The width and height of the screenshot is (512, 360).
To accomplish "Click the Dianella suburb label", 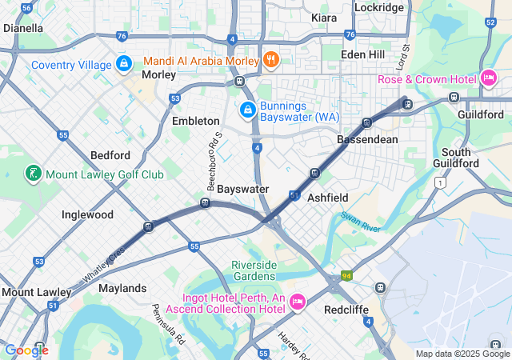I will (x=23, y=28).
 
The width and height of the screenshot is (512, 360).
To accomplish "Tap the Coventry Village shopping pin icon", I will (x=123, y=62).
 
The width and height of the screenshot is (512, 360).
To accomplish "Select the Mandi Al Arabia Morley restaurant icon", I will (x=272, y=59).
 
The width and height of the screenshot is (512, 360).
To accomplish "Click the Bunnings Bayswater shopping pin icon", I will (x=248, y=108).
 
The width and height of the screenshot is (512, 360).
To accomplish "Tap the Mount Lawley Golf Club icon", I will (x=32, y=174).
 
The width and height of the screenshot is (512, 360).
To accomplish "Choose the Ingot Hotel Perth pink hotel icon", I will (x=298, y=301).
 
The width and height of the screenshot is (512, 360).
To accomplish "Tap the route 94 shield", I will (x=346, y=276).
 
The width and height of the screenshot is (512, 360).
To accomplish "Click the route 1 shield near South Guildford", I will (x=439, y=183).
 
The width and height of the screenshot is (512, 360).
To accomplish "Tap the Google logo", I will (x=26, y=350).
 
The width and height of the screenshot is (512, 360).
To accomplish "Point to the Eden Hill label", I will (x=362, y=54).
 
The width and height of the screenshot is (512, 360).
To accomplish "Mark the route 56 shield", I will (x=26, y=7).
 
